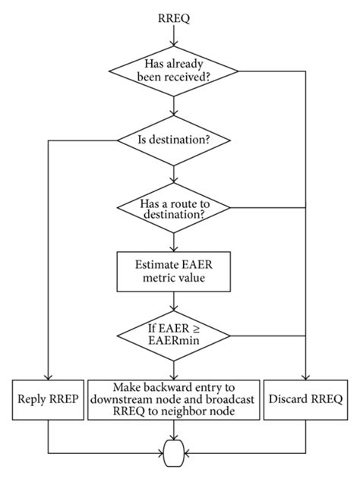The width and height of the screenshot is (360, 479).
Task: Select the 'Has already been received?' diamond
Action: [175, 73]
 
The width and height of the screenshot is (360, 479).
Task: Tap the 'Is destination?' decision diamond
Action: [175, 140]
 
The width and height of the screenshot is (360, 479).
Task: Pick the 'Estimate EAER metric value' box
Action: [175, 272]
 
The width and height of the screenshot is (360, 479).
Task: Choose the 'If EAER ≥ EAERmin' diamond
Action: [175, 336]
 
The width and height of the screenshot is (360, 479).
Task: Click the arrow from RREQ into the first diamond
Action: [175, 36]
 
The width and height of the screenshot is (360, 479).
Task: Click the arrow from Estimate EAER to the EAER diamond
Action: [175, 302]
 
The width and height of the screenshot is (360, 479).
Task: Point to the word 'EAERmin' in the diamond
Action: [175, 343]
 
